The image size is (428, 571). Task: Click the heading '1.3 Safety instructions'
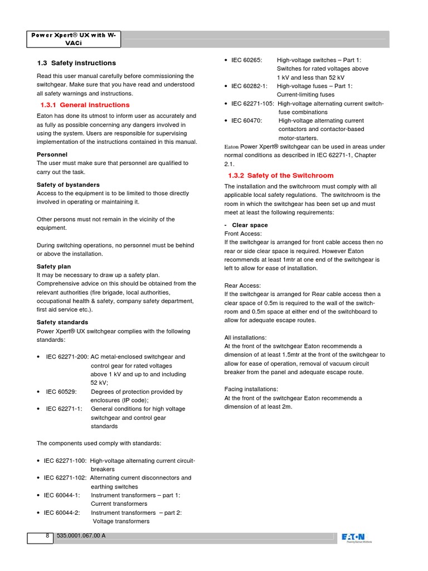click(76, 63)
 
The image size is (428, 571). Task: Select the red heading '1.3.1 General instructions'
click(85, 105)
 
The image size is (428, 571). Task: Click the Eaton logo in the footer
click(357, 538)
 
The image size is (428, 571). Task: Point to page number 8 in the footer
click(47, 536)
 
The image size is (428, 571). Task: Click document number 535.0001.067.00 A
click(81, 536)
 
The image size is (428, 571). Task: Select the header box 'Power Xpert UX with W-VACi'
click(74, 38)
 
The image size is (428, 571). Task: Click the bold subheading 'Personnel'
click(52, 154)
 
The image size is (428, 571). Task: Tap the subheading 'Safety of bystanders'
click(68, 185)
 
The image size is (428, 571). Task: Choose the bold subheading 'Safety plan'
click(53, 267)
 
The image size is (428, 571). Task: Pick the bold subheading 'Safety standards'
click(62, 322)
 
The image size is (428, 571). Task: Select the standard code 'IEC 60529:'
click(61, 392)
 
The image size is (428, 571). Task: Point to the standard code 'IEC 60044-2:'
click(63, 512)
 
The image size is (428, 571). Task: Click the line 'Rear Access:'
click(242, 285)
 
